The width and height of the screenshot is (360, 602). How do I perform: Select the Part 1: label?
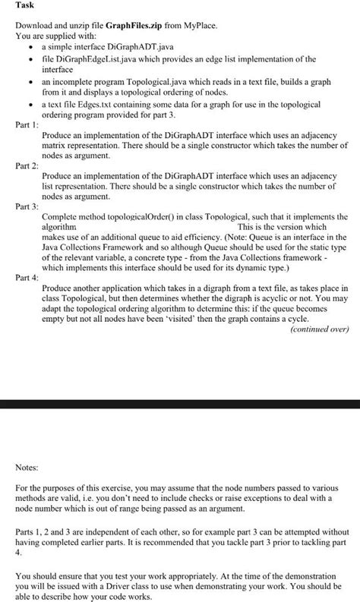[27, 125]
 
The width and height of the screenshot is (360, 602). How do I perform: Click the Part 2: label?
[27, 165]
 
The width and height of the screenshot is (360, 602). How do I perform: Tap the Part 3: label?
[27, 205]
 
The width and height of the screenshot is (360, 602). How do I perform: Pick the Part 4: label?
[27, 278]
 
